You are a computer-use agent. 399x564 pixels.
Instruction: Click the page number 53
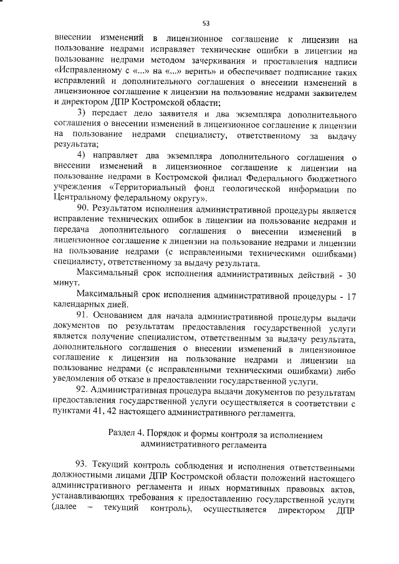point(205,23)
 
